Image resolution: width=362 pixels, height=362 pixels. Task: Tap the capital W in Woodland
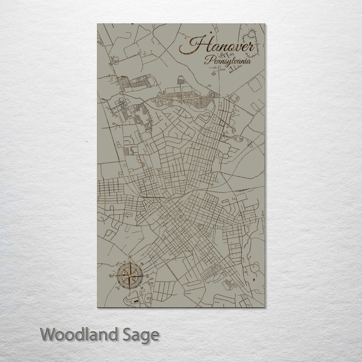click(48, 334)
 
